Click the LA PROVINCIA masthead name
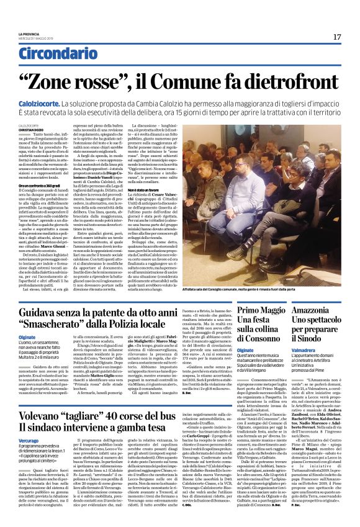[29, 34]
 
